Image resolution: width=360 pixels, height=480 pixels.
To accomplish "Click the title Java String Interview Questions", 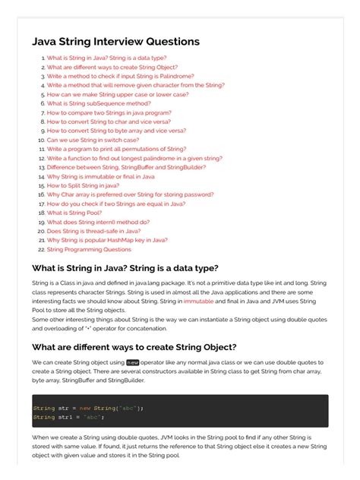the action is click(x=115, y=41).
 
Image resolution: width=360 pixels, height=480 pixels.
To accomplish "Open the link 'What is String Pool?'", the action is click(x=74, y=213).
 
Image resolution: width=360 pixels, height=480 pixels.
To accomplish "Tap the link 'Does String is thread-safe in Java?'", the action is click(x=93, y=231).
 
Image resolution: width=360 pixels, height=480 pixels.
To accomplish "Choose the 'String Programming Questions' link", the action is click(x=89, y=249).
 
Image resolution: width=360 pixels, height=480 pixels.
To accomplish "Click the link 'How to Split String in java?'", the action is click(x=83, y=185).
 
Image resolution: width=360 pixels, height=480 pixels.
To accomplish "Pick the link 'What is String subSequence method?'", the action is click(x=99, y=103).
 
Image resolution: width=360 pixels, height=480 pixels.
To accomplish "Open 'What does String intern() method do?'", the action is click(x=98, y=222).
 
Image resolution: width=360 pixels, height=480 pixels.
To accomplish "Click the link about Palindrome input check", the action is click(x=120, y=76).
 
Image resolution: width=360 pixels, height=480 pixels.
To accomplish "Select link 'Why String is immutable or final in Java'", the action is click(x=100, y=176).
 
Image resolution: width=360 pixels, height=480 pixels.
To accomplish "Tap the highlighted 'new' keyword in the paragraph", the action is click(x=133, y=362).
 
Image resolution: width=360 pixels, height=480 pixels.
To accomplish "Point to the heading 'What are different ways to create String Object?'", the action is click(x=134, y=347).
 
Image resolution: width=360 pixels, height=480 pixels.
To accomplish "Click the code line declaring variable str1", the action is click(x=68, y=417).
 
